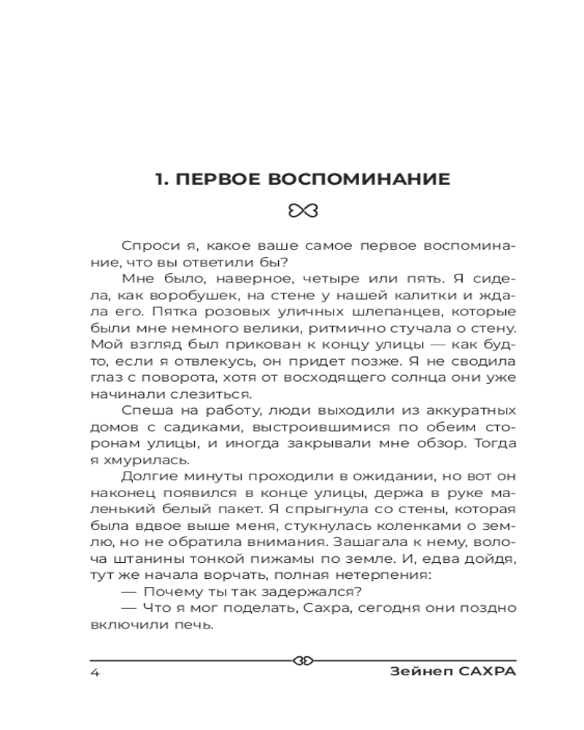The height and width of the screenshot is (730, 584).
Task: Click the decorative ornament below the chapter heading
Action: point(302,211)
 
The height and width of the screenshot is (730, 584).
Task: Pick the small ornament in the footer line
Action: point(302,661)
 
